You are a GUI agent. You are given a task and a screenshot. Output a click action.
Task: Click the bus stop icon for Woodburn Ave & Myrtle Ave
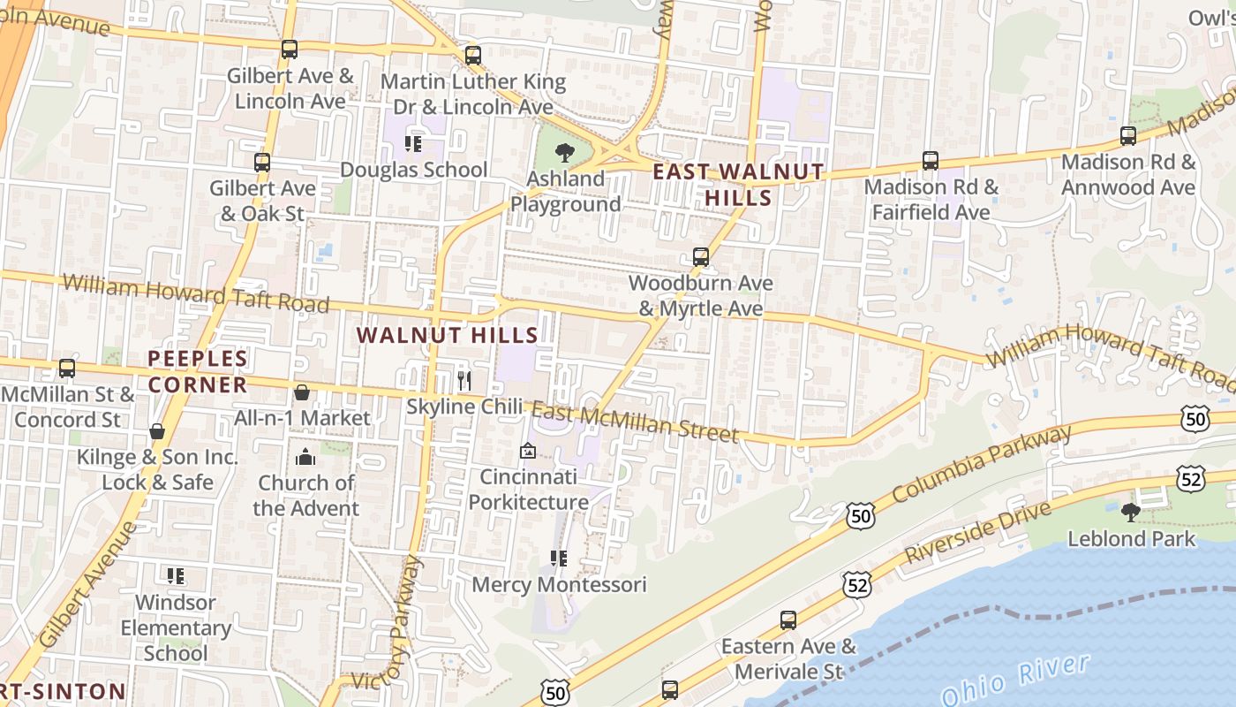click(x=700, y=257)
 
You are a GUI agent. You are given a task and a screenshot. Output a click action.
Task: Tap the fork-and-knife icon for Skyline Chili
click(x=464, y=381)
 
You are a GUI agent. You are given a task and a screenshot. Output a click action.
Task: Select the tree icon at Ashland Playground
click(x=565, y=152)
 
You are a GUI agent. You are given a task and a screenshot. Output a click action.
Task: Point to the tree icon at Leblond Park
click(x=1130, y=512)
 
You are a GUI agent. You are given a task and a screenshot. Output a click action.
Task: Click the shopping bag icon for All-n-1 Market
click(x=302, y=392)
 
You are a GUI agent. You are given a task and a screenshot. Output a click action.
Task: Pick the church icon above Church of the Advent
click(x=305, y=457)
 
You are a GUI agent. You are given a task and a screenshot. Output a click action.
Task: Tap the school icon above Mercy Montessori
click(x=559, y=559)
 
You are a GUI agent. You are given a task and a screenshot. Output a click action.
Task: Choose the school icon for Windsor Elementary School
click(x=176, y=576)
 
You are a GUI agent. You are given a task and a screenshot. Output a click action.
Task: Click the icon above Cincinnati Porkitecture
click(x=528, y=452)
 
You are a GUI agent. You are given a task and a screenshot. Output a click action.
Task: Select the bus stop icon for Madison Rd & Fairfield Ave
click(x=931, y=161)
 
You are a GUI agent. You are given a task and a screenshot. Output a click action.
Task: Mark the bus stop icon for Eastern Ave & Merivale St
click(x=788, y=620)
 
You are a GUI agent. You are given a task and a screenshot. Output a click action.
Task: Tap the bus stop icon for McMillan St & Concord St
click(x=67, y=369)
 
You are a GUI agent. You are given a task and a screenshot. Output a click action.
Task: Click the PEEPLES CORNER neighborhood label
click(x=197, y=372)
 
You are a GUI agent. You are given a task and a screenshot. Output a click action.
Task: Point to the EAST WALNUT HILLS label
click(x=738, y=185)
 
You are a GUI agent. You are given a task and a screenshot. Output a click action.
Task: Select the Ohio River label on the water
click(x=1015, y=680)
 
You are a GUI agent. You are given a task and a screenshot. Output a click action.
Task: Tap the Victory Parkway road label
click(x=403, y=623)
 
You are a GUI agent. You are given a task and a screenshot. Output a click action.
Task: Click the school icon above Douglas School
click(x=413, y=143)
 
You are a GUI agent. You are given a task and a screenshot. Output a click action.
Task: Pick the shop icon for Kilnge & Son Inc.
click(x=157, y=431)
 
